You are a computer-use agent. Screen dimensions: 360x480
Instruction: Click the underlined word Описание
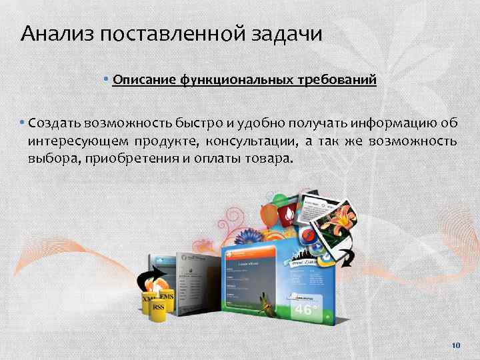click(143, 81)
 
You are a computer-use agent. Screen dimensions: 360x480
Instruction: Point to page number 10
click(456, 345)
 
